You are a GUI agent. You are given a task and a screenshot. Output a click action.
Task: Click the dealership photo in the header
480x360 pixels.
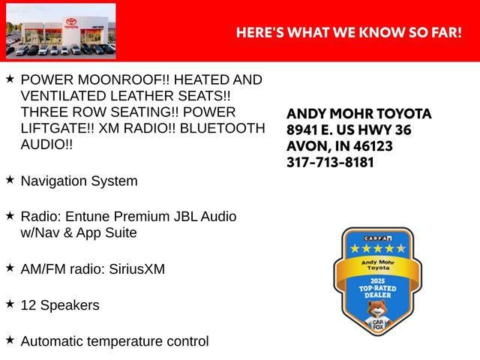tap(61, 31)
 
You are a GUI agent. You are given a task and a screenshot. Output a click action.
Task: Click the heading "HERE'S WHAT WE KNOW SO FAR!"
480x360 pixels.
tap(349, 33)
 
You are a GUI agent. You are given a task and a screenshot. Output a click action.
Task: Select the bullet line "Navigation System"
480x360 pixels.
tap(79, 181)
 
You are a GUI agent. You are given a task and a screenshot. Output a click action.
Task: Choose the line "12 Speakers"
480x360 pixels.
tap(60, 305)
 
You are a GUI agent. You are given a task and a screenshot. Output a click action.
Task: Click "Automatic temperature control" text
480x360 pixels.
tap(114, 341)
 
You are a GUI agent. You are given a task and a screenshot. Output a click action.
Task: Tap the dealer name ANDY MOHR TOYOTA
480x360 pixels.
tap(358, 114)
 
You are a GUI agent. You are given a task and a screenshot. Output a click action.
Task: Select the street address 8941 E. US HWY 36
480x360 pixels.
tap(349, 130)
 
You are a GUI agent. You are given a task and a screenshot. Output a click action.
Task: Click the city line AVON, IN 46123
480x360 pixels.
tap(339, 145)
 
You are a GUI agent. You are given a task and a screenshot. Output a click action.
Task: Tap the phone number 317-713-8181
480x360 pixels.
tap(330, 162)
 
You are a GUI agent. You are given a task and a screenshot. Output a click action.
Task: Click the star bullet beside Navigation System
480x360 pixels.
tap(10, 180)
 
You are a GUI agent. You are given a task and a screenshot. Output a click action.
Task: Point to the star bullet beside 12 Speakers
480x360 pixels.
tap(10, 304)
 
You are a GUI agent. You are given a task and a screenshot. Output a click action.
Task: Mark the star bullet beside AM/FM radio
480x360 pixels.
tap(10, 268)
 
